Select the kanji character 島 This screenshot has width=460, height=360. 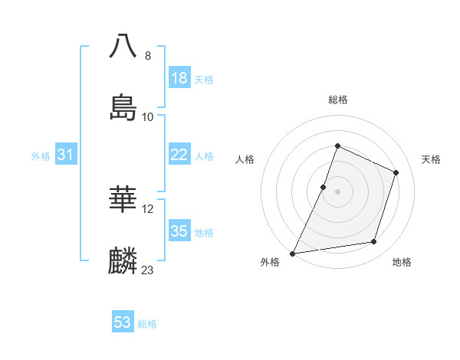[123, 106]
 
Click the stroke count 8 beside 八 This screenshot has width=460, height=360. [148, 56]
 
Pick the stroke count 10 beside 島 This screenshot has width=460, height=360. [148, 117]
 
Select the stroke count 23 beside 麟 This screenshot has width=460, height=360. [148, 270]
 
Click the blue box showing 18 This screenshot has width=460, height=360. [179, 78]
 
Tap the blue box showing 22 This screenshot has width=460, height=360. [179, 155]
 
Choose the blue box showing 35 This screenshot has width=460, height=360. [179, 231]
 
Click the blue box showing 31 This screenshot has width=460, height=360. [66, 155]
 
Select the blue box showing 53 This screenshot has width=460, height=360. [123, 322]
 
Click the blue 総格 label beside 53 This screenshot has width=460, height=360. [147, 324]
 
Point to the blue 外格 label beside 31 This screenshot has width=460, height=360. [41, 156]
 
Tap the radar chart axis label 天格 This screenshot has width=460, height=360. [431, 159]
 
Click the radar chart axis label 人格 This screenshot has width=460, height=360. [245, 159]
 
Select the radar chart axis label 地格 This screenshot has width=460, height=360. [402, 262]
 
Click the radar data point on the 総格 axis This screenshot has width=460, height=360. [337, 146]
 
